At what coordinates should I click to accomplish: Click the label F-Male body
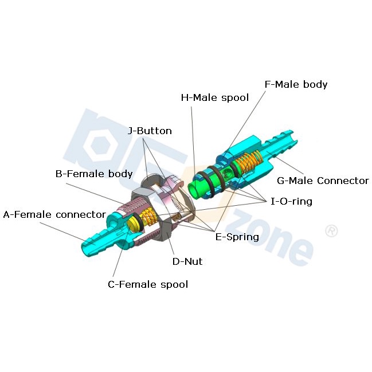tap(296, 84)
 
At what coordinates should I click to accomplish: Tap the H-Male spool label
tap(215, 97)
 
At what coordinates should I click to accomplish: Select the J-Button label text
tap(150, 131)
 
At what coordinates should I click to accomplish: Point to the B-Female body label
tap(94, 174)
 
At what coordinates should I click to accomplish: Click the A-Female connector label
tap(54, 214)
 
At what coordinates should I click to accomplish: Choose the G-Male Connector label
tap(323, 181)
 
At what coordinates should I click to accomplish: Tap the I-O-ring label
tap(291, 201)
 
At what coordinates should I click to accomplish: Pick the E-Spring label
tap(237, 237)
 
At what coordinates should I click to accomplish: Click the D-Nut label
tap(187, 261)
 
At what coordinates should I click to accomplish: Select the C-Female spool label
tap(148, 284)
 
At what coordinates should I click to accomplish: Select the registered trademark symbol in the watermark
tap(331, 230)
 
